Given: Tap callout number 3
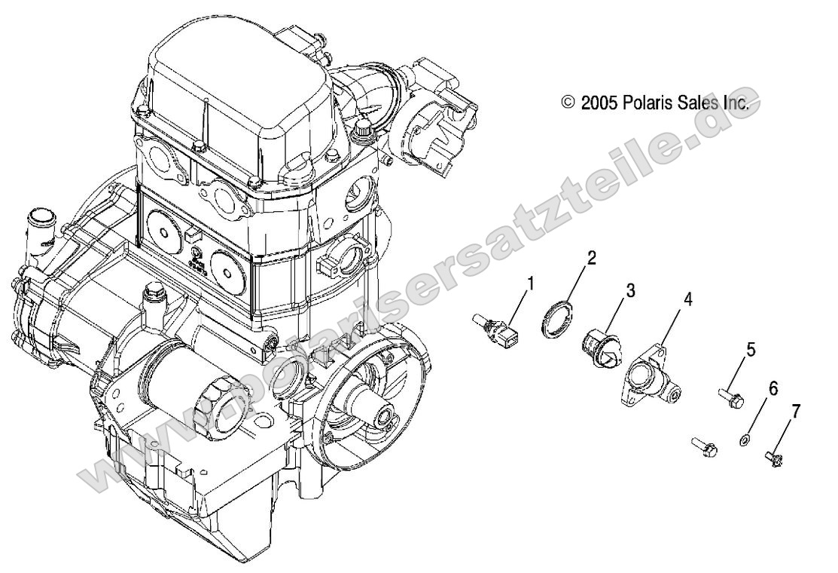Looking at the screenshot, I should pos(630,290).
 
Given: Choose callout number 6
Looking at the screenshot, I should pos(773,388).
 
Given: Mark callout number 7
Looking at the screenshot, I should pos(795,412).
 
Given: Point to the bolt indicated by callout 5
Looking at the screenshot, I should pos(731,396).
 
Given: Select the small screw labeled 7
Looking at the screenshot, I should pos(773,457).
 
